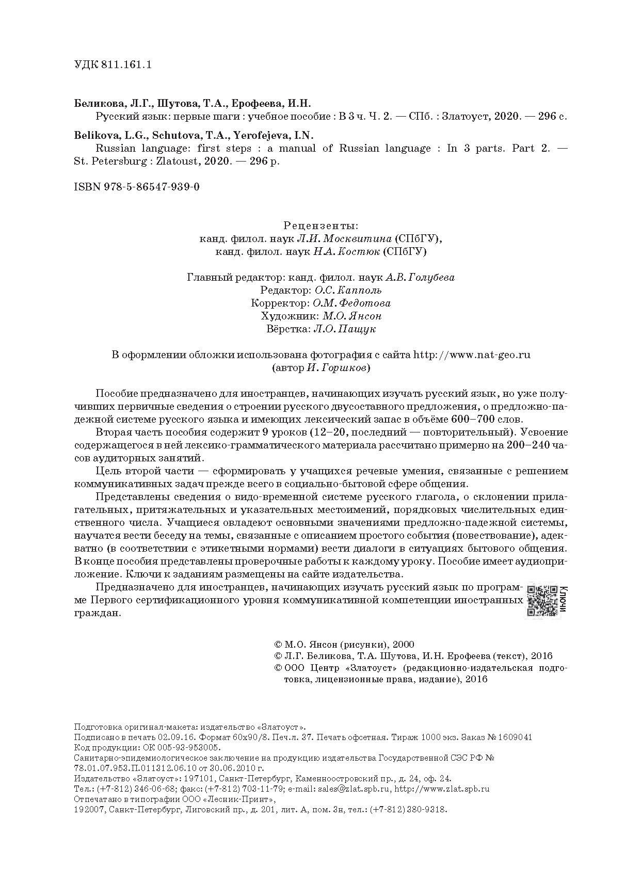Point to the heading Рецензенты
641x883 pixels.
click(x=320, y=226)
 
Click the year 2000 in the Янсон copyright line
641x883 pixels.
click(x=404, y=645)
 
